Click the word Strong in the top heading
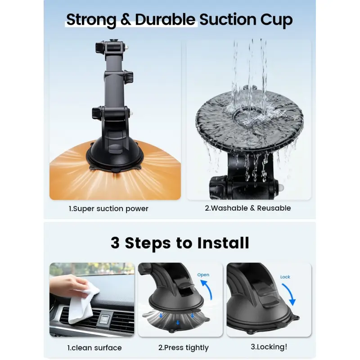click(91, 20)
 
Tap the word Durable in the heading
click(165, 19)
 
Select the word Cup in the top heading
click(276, 20)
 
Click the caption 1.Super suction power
click(108, 209)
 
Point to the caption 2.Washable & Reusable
click(248, 208)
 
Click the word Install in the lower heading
click(223, 243)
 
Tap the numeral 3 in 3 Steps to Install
click(115, 243)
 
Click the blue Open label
click(203, 275)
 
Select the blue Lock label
click(285, 277)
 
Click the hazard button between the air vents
click(105, 319)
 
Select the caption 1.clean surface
click(94, 348)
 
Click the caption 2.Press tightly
click(184, 348)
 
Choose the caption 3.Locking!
click(269, 347)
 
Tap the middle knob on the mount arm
click(129, 75)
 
